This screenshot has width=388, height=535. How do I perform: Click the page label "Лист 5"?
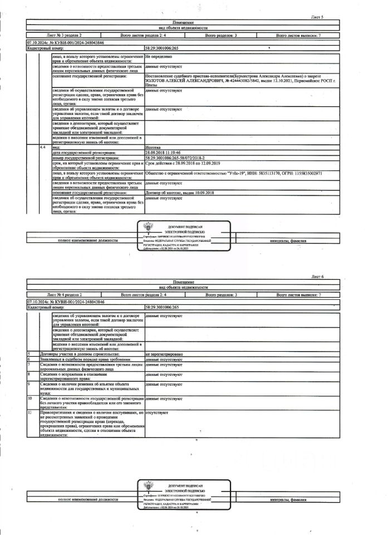pos(317,18)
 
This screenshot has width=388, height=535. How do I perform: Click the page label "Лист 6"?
pos(317,276)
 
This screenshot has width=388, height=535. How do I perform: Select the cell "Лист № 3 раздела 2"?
pos(65,36)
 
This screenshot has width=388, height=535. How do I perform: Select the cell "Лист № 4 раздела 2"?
pos(65,294)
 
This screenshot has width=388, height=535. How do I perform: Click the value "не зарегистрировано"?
pos(164,354)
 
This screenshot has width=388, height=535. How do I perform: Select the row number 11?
pos(30,412)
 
